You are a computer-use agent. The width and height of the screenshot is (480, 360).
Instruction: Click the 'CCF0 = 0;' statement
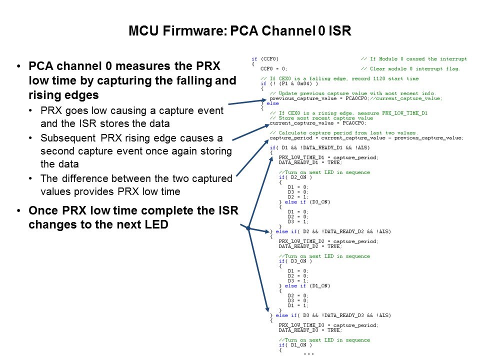[274, 69]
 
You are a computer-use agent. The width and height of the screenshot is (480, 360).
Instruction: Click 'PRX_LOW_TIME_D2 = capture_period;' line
[328, 241]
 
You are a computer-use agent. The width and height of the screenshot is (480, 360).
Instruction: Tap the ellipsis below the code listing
[308, 353]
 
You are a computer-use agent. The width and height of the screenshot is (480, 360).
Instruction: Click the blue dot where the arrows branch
[248, 228]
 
